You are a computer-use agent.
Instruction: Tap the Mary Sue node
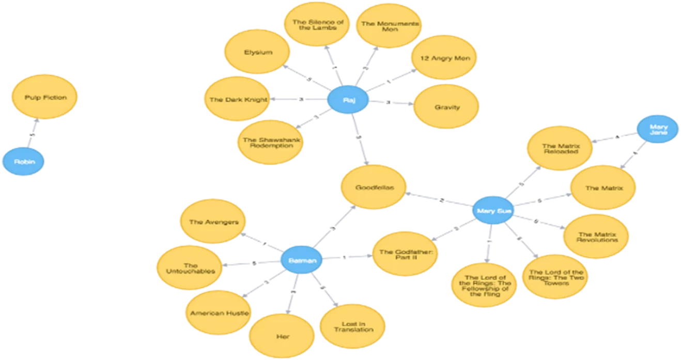[493, 211]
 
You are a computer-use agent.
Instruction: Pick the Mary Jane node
[657, 129]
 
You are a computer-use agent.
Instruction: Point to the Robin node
[24, 162]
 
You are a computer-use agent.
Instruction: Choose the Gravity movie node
[447, 107]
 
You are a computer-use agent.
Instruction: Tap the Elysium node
[258, 52]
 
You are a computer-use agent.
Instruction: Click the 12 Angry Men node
[445, 58]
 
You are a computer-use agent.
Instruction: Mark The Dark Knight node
[236, 100]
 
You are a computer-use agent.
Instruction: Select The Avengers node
[213, 222]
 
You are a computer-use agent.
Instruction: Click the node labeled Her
[282, 336]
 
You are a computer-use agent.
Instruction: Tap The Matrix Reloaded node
[561, 149]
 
